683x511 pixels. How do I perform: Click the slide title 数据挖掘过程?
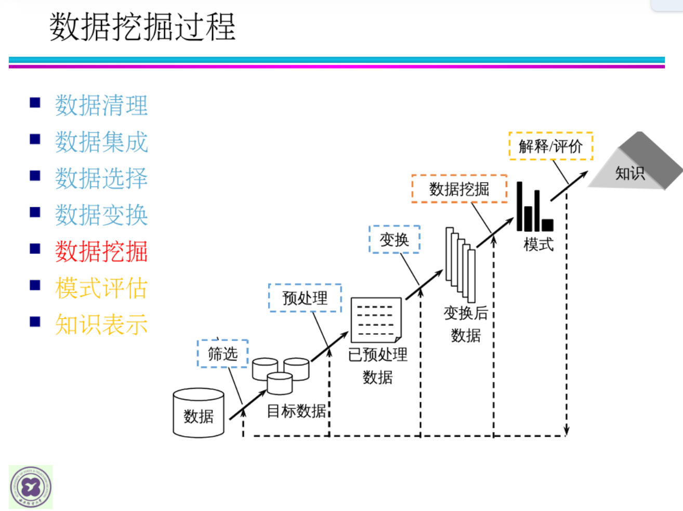142,27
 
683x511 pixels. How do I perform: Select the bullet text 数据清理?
101,106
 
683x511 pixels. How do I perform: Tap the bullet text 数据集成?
101,142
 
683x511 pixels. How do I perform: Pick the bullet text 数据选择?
101,178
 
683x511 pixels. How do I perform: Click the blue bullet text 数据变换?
101,215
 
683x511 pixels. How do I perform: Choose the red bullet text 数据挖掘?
101,252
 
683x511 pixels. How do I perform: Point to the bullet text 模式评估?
101,288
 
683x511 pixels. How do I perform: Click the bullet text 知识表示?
101,325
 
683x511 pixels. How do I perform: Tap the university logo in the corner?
31,487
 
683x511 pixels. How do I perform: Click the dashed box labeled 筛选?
222,354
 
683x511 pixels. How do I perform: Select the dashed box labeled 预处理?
305,298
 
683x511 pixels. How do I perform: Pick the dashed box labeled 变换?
395,240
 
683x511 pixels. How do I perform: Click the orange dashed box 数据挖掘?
459,189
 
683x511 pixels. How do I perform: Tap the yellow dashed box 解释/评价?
550,146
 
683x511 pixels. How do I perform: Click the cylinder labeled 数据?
199,413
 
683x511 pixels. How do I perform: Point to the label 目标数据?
297,411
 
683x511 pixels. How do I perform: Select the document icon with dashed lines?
376,320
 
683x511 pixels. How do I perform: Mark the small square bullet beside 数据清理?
35,102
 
